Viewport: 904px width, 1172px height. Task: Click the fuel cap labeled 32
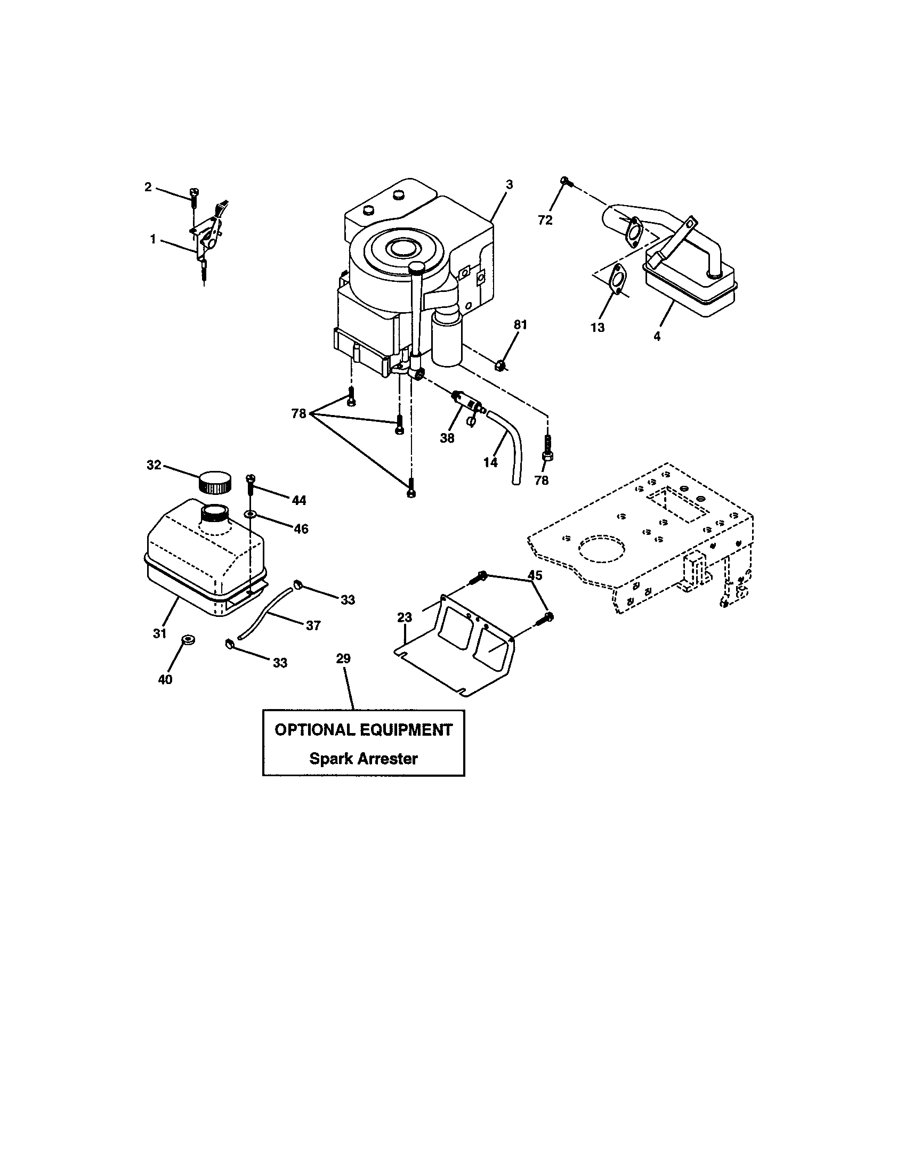(x=215, y=482)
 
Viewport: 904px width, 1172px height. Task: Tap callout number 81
(x=520, y=324)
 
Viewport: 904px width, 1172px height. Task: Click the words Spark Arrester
(x=364, y=759)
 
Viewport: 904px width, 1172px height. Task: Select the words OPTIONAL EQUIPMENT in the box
(x=364, y=730)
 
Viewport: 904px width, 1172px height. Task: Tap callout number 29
(x=343, y=658)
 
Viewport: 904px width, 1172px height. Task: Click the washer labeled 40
(x=187, y=640)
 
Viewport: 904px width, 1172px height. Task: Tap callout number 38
(x=447, y=438)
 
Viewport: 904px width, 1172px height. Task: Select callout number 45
(x=535, y=575)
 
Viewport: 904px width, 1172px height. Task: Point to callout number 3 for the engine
(x=509, y=185)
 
